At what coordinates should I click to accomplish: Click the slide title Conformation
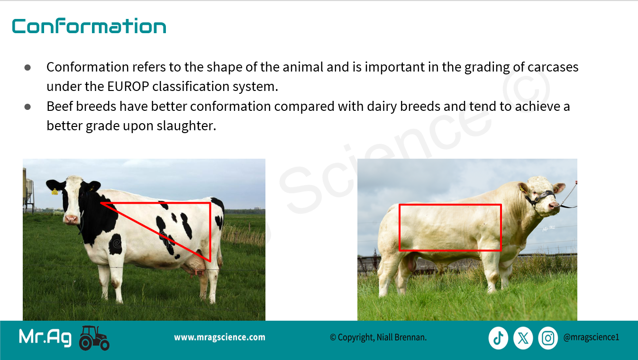pyautogui.click(x=89, y=26)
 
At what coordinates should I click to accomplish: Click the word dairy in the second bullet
pyautogui.click(x=382, y=107)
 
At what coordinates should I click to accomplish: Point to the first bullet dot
pyautogui.click(x=27, y=68)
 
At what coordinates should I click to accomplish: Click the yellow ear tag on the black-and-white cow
pyautogui.click(x=55, y=192)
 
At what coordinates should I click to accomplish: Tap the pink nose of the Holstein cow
pyautogui.click(x=71, y=218)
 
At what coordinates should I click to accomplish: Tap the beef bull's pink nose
pyautogui.click(x=554, y=205)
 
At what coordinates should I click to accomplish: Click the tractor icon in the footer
pyautogui.click(x=94, y=338)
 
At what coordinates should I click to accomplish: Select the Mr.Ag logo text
pyautogui.click(x=45, y=338)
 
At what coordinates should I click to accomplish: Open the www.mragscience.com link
pyautogui.click(x=219, y=338)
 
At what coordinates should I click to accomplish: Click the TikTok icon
pyautogui.click(x=499, y=338)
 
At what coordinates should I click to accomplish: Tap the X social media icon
pyautogui.click(x=523, y=338)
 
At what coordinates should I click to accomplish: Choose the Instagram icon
pyautogui.click(x=548, y=338)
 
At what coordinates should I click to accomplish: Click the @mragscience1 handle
pyautogui.click(x=591, y=338)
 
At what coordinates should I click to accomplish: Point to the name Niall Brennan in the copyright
pyautogui.click(x=401, y=338)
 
